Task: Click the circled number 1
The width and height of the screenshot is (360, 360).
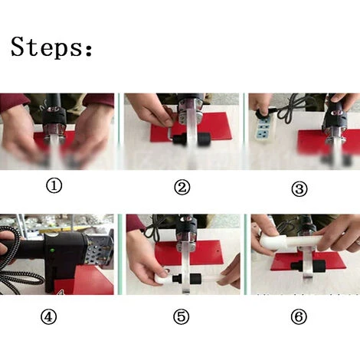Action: click(54, 185)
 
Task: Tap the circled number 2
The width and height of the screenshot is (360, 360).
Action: click(182, 188)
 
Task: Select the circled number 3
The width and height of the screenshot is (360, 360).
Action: click(299, 189)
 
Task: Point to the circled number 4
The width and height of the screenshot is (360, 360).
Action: click(48, 317)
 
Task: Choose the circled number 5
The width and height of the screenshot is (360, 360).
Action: click(182, 317)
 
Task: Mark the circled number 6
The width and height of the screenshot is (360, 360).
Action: click(299, 317)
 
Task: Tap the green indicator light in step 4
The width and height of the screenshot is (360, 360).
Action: click(52, 250)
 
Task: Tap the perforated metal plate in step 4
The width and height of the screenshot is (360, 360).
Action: click(100, 249)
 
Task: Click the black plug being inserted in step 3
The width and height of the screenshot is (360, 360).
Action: click(263, 113)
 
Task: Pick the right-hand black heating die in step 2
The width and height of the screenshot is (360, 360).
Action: click(204, 139)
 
